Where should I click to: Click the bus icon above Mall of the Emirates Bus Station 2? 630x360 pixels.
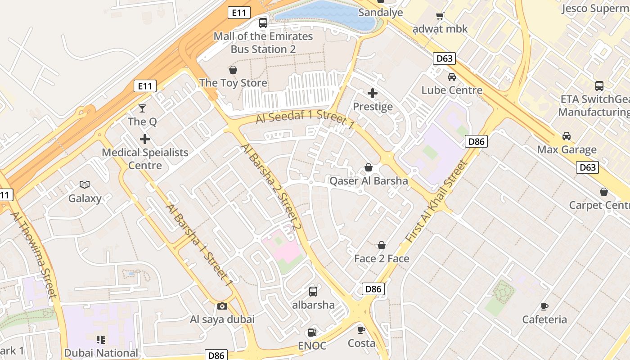(x=263, y=22)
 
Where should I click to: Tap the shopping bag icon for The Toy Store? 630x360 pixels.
(x=233, y=70)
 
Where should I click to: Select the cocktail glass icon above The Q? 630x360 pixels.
(x=142, y=108)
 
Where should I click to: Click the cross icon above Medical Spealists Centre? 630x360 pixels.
(x=145, y=139)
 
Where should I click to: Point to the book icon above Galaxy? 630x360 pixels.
(x=85, y=184)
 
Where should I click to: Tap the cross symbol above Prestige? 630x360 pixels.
(x=373, y=93)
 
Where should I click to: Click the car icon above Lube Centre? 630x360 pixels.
(x=452, y=76)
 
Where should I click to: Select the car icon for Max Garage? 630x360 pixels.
(x=567, y=136)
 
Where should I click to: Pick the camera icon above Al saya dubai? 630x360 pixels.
(x=222, y=306)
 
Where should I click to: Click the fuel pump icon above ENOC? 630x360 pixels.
(x=312, y=333)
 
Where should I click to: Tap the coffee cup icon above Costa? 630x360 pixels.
(x=361, y=330)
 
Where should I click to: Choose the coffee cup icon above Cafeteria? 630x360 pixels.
(x=544, y=306)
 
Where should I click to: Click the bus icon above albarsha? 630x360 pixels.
(x=313, y=292)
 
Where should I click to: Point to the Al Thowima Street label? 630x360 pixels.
(x=34, y=254)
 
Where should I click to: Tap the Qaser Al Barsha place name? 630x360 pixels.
(x=369, y=181)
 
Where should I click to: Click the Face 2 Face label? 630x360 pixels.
(x=382, y=259)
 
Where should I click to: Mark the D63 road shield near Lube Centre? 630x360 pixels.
(x=444, y=58)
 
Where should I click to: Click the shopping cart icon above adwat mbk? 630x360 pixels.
(x=440, y=16)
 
